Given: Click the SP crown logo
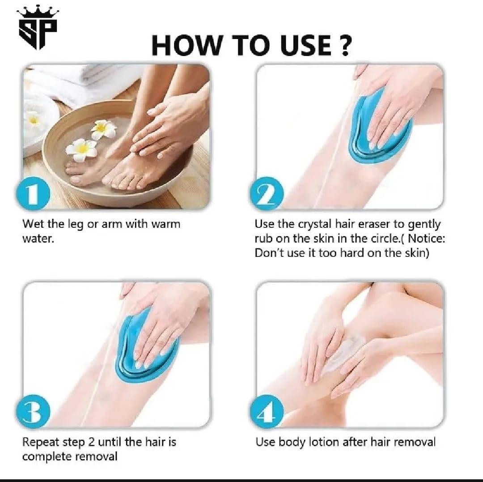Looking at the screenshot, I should [38, 28].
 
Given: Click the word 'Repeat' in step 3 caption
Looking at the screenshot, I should [41, 443].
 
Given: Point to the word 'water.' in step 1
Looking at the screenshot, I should [38, 239].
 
